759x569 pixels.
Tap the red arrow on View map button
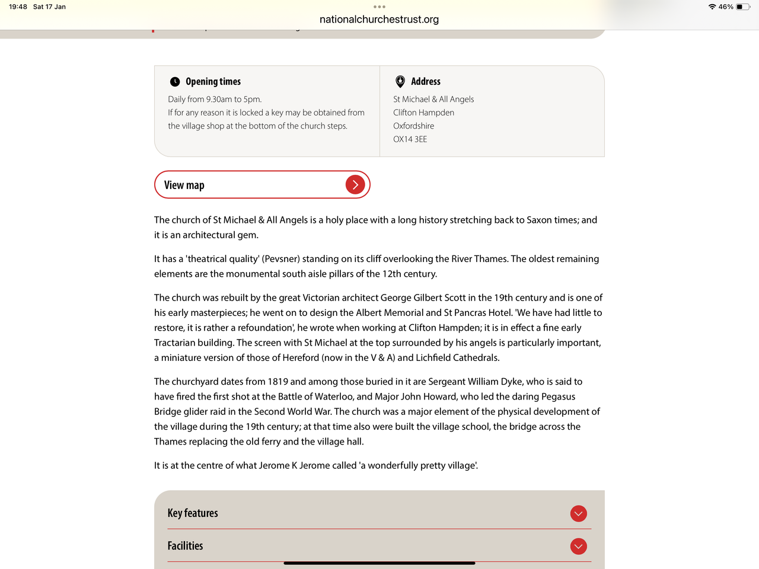[x=355, y=185]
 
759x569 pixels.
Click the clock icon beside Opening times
[x=175, y=82]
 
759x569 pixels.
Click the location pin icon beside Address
[x=400, y=81]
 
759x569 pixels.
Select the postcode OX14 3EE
[x=410, y=139]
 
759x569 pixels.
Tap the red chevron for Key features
[x=578, y=513]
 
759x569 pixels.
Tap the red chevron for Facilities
[x=578, y=546]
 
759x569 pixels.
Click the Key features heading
[x=193, y=513]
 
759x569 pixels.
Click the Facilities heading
[x=185, y=546]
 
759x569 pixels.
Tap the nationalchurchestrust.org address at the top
[x=379, y=20]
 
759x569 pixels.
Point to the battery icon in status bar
[x=743, y=7]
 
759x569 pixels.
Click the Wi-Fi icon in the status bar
[x=712, y=7]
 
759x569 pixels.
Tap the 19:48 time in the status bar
[x=18, y=7]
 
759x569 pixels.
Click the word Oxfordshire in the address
[x=413, y=126]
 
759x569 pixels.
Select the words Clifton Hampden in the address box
[x=423, y=113]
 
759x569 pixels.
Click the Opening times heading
[x=213, y=82]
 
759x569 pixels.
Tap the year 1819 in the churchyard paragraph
[x=278, y=382]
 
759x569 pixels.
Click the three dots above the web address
[x=379, y=7]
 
